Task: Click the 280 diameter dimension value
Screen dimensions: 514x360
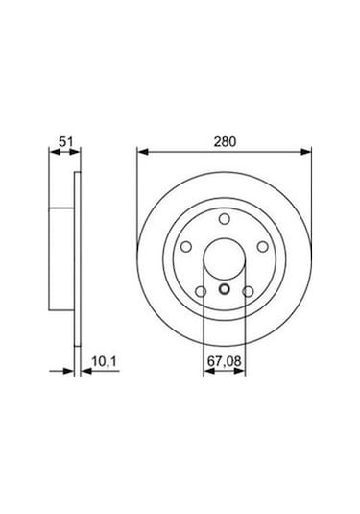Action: (226, 140)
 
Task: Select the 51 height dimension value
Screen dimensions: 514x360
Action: (65, 140)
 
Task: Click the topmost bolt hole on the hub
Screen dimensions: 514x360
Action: (225, 220)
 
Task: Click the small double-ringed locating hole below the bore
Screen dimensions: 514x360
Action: (225, 293)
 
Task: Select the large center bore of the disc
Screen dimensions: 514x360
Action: (225, 258)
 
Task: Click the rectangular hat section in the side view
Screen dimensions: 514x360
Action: (63, 259)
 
